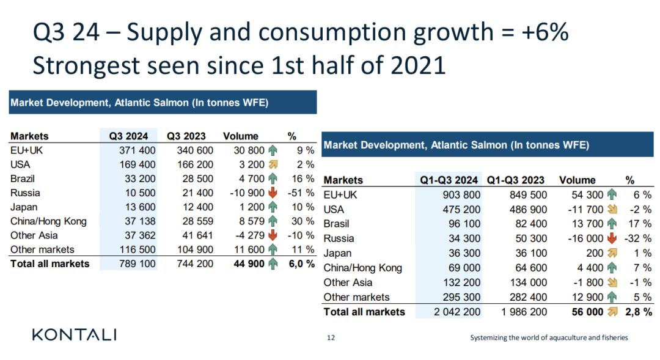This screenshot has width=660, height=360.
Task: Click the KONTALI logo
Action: [x=74, y=334]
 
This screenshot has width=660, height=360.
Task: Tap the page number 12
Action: [x=331, y=337]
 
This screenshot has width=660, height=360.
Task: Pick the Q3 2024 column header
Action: [x=128, y=136]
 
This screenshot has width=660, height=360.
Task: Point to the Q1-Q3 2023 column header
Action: [x=515, y=180]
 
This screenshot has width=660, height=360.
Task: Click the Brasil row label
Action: [x=337, y=224]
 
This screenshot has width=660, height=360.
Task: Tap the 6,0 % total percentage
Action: [x=302, y=264]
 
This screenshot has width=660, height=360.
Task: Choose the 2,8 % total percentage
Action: [x=639, y=312]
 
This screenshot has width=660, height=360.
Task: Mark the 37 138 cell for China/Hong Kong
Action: [x=138, y=221]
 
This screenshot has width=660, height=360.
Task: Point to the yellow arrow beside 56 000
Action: [x=611, y=312]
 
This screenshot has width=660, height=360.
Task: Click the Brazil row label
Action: [x=23, y=178]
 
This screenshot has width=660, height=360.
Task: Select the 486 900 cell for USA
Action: [x=527, y=209]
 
